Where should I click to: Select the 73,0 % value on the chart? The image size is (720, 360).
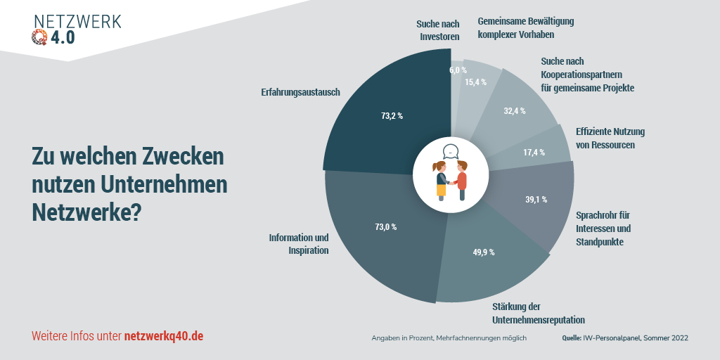(x=386, y=227)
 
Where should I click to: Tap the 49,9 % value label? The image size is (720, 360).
(x=483, y=252)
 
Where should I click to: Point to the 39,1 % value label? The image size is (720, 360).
(x=536, y=199)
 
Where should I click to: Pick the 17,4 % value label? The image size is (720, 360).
(x=534, y=153)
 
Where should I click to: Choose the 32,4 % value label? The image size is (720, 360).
(x=515, y=110)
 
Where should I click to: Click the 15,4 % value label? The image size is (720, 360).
(x=476, y=82)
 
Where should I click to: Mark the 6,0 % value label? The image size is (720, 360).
(x=458, y=70)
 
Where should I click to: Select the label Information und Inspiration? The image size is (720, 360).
(x=299, y=244)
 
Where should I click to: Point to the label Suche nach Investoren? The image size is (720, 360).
(x=439, y=30)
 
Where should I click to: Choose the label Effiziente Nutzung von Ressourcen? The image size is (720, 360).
(x=610, y=138)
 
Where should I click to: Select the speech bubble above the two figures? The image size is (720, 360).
(x=451, y=151)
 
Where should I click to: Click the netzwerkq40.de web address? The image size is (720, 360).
(x=164, y=336)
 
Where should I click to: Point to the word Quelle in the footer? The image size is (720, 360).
(x=572, y=338)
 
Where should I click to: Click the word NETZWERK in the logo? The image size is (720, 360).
(x=77, y=21)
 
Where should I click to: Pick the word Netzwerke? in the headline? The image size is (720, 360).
(x=86, y=212)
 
